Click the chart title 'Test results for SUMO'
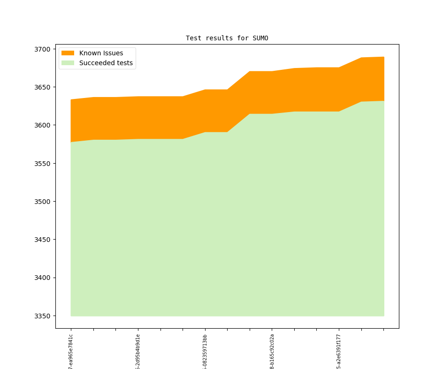pyautogui.click(x=227, y=38)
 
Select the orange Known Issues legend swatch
pyautogui.click(x=68, y=53)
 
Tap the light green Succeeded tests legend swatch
pyautogui.click(x=68, y=63)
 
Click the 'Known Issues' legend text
pyautogui.click(x=101, y=53)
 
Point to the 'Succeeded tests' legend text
pyautogui.click(x=106, y=63)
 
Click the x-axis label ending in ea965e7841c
pyautogui.click(x=71, y=351)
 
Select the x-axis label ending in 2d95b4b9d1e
pyautogui.click(x=138, y=351)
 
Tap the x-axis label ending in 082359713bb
pyautogui.click(x=205, y=351)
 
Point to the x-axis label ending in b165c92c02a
pyautogui.click(x=272, y=351)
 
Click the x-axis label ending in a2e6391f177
pyautogui.click(x=339, y=351)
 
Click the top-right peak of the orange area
pyautogui.click(x=383, y=57)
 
